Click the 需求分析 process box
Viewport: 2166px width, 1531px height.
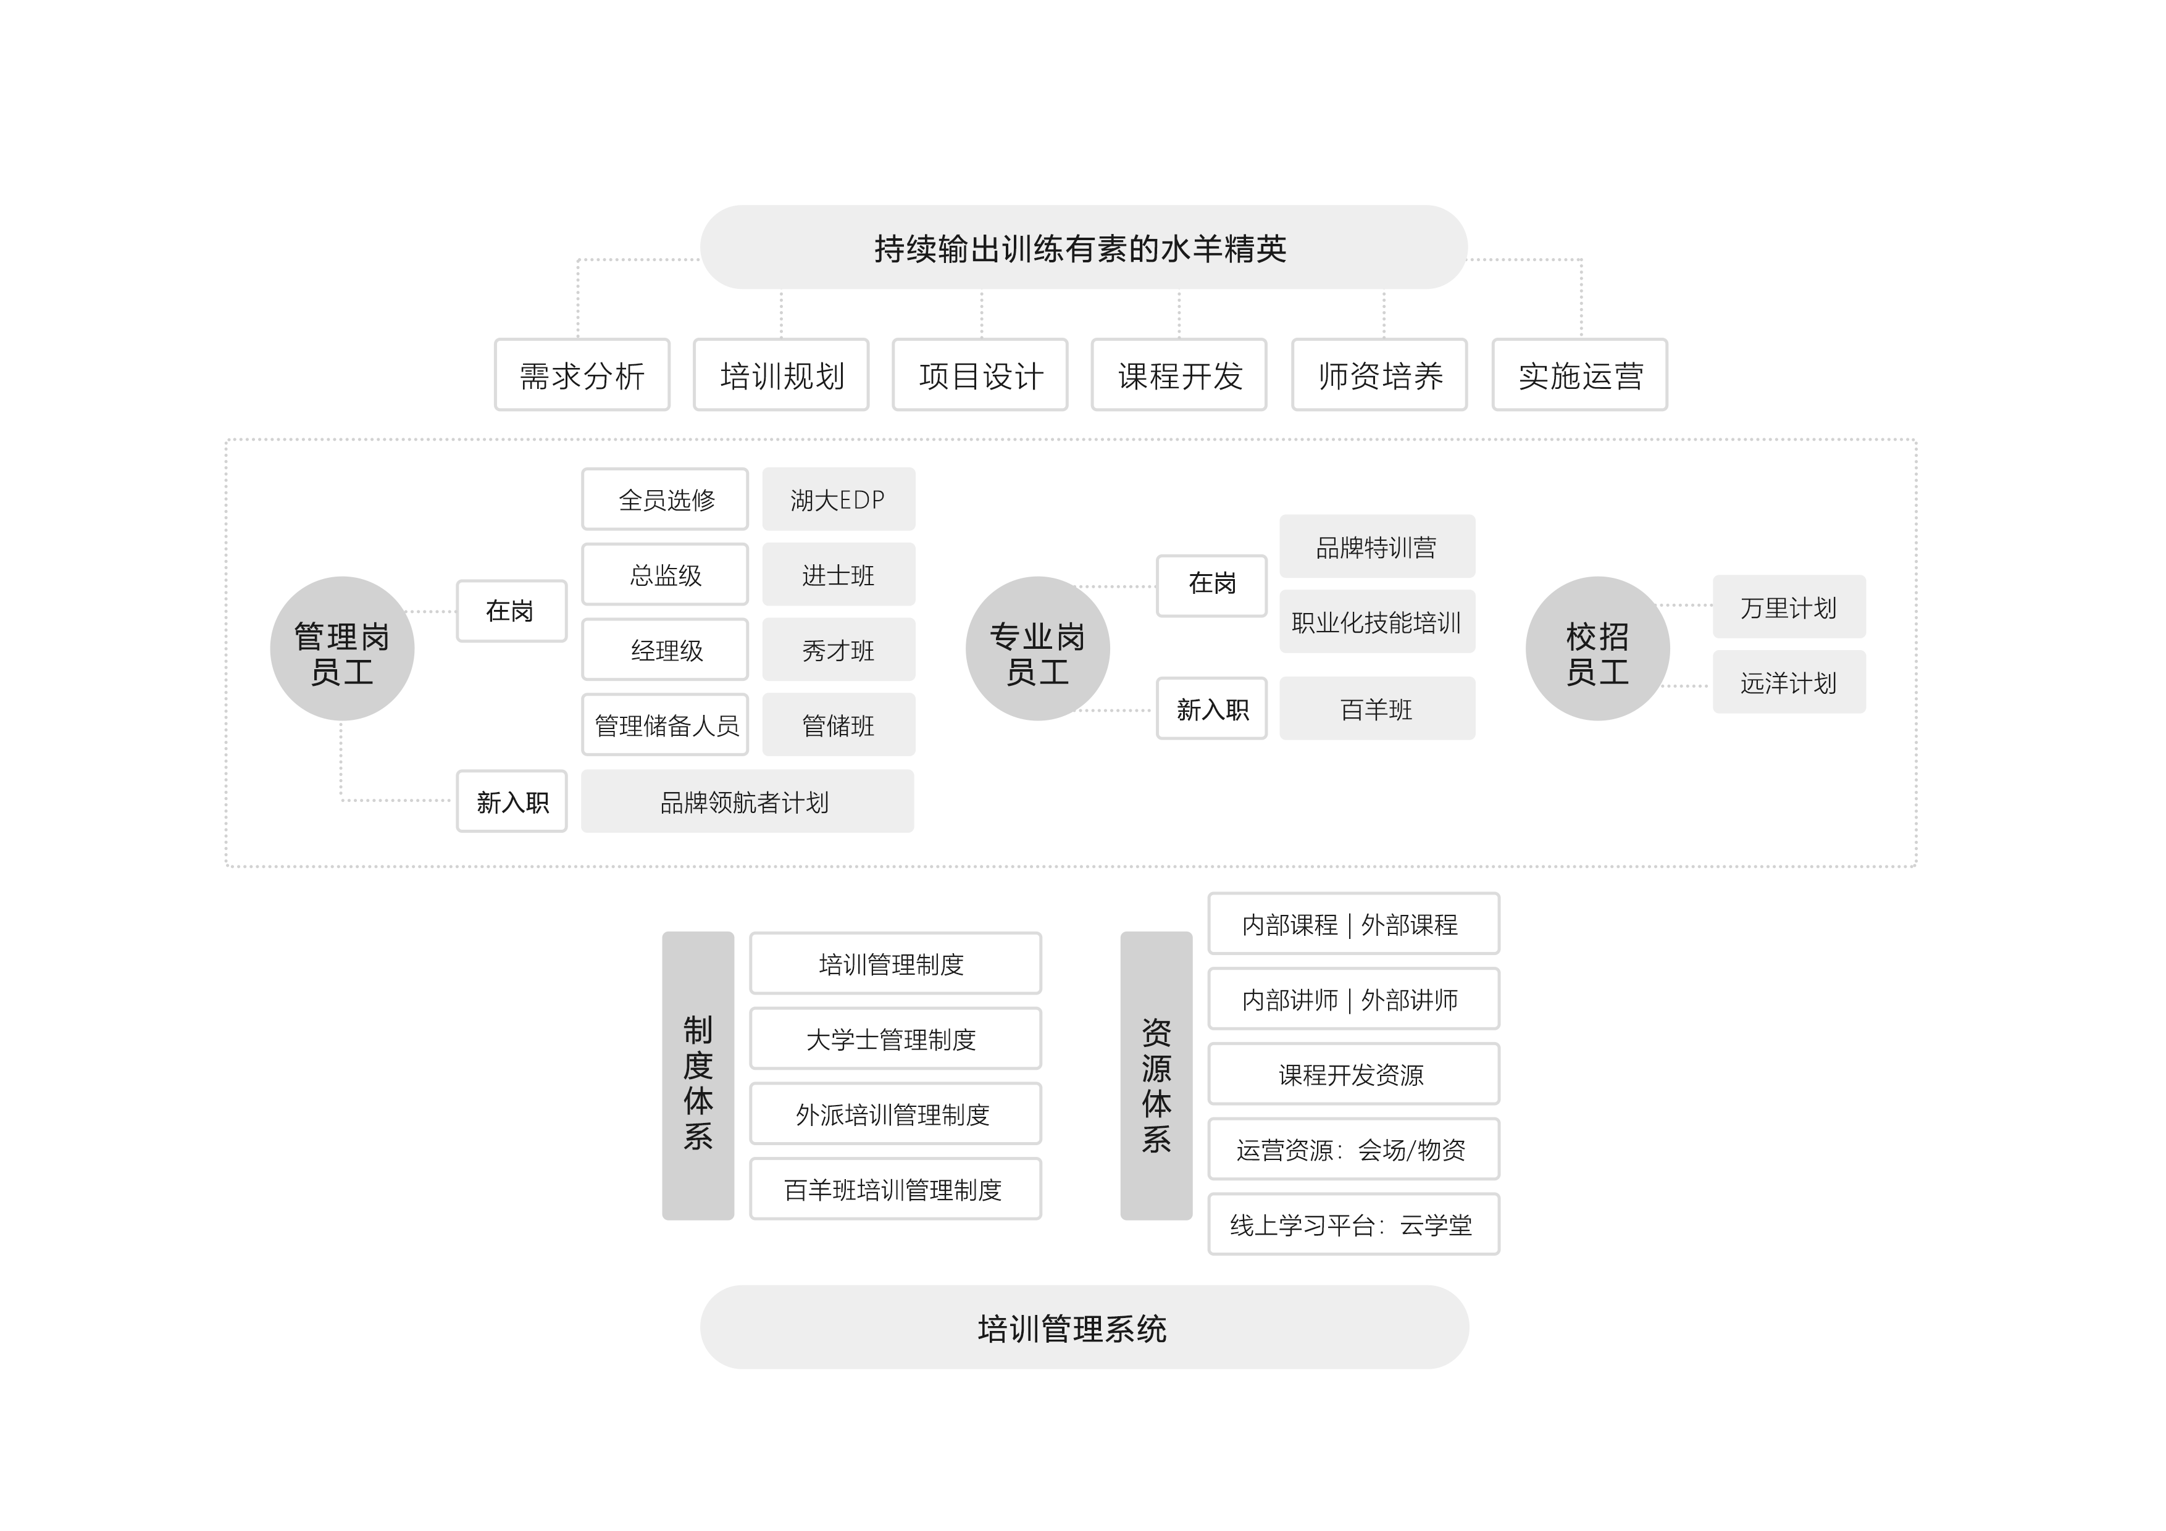(582, 375)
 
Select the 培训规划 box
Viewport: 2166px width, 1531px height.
(781, 375)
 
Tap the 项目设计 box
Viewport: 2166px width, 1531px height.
(980, 375)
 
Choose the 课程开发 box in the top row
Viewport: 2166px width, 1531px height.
(1179, 375)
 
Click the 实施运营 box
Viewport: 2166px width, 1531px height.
(1580, 375)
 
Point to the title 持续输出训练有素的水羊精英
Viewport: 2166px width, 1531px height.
(1080, 249)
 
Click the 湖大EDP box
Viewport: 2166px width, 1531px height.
(838, 499)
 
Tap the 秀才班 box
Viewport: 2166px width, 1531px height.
(838, 650)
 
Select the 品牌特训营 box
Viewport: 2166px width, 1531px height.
(1376, 547)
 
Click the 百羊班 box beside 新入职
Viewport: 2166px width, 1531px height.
(1376, 709)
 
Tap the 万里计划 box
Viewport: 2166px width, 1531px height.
(1789, 607)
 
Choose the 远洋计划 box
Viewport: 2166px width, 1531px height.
(1789, 683)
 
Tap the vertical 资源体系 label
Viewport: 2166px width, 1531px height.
(1156, 1085)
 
